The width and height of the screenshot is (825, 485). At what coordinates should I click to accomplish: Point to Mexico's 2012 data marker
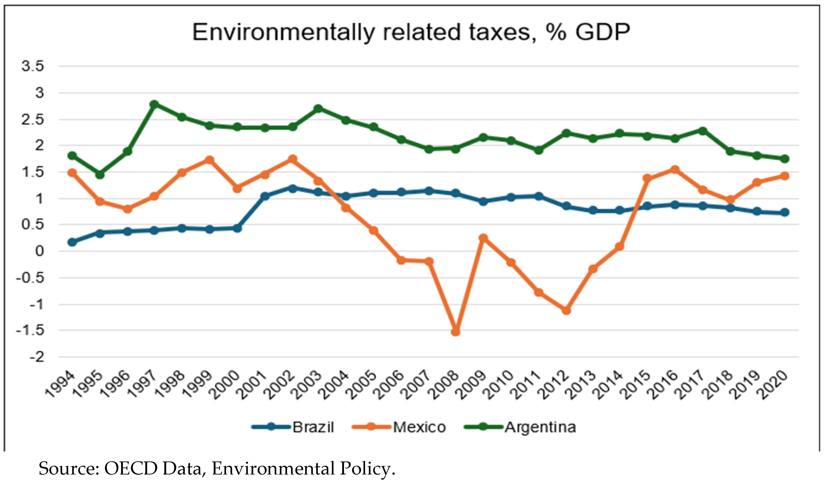(566, 310)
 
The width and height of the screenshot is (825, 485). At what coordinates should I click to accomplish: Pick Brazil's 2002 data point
(293, 188)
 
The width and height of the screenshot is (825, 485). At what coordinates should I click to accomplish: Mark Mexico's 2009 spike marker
(483, 238)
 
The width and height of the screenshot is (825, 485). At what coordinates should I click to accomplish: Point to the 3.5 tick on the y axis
(33, 66)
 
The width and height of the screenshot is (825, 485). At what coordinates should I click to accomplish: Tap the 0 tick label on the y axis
(39, 251)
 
